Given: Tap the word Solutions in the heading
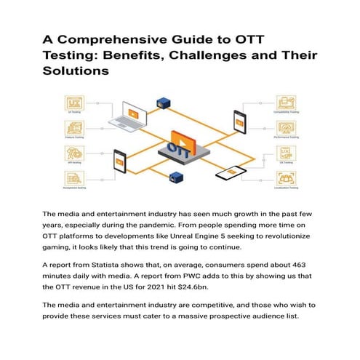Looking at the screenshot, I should point(75,72).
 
